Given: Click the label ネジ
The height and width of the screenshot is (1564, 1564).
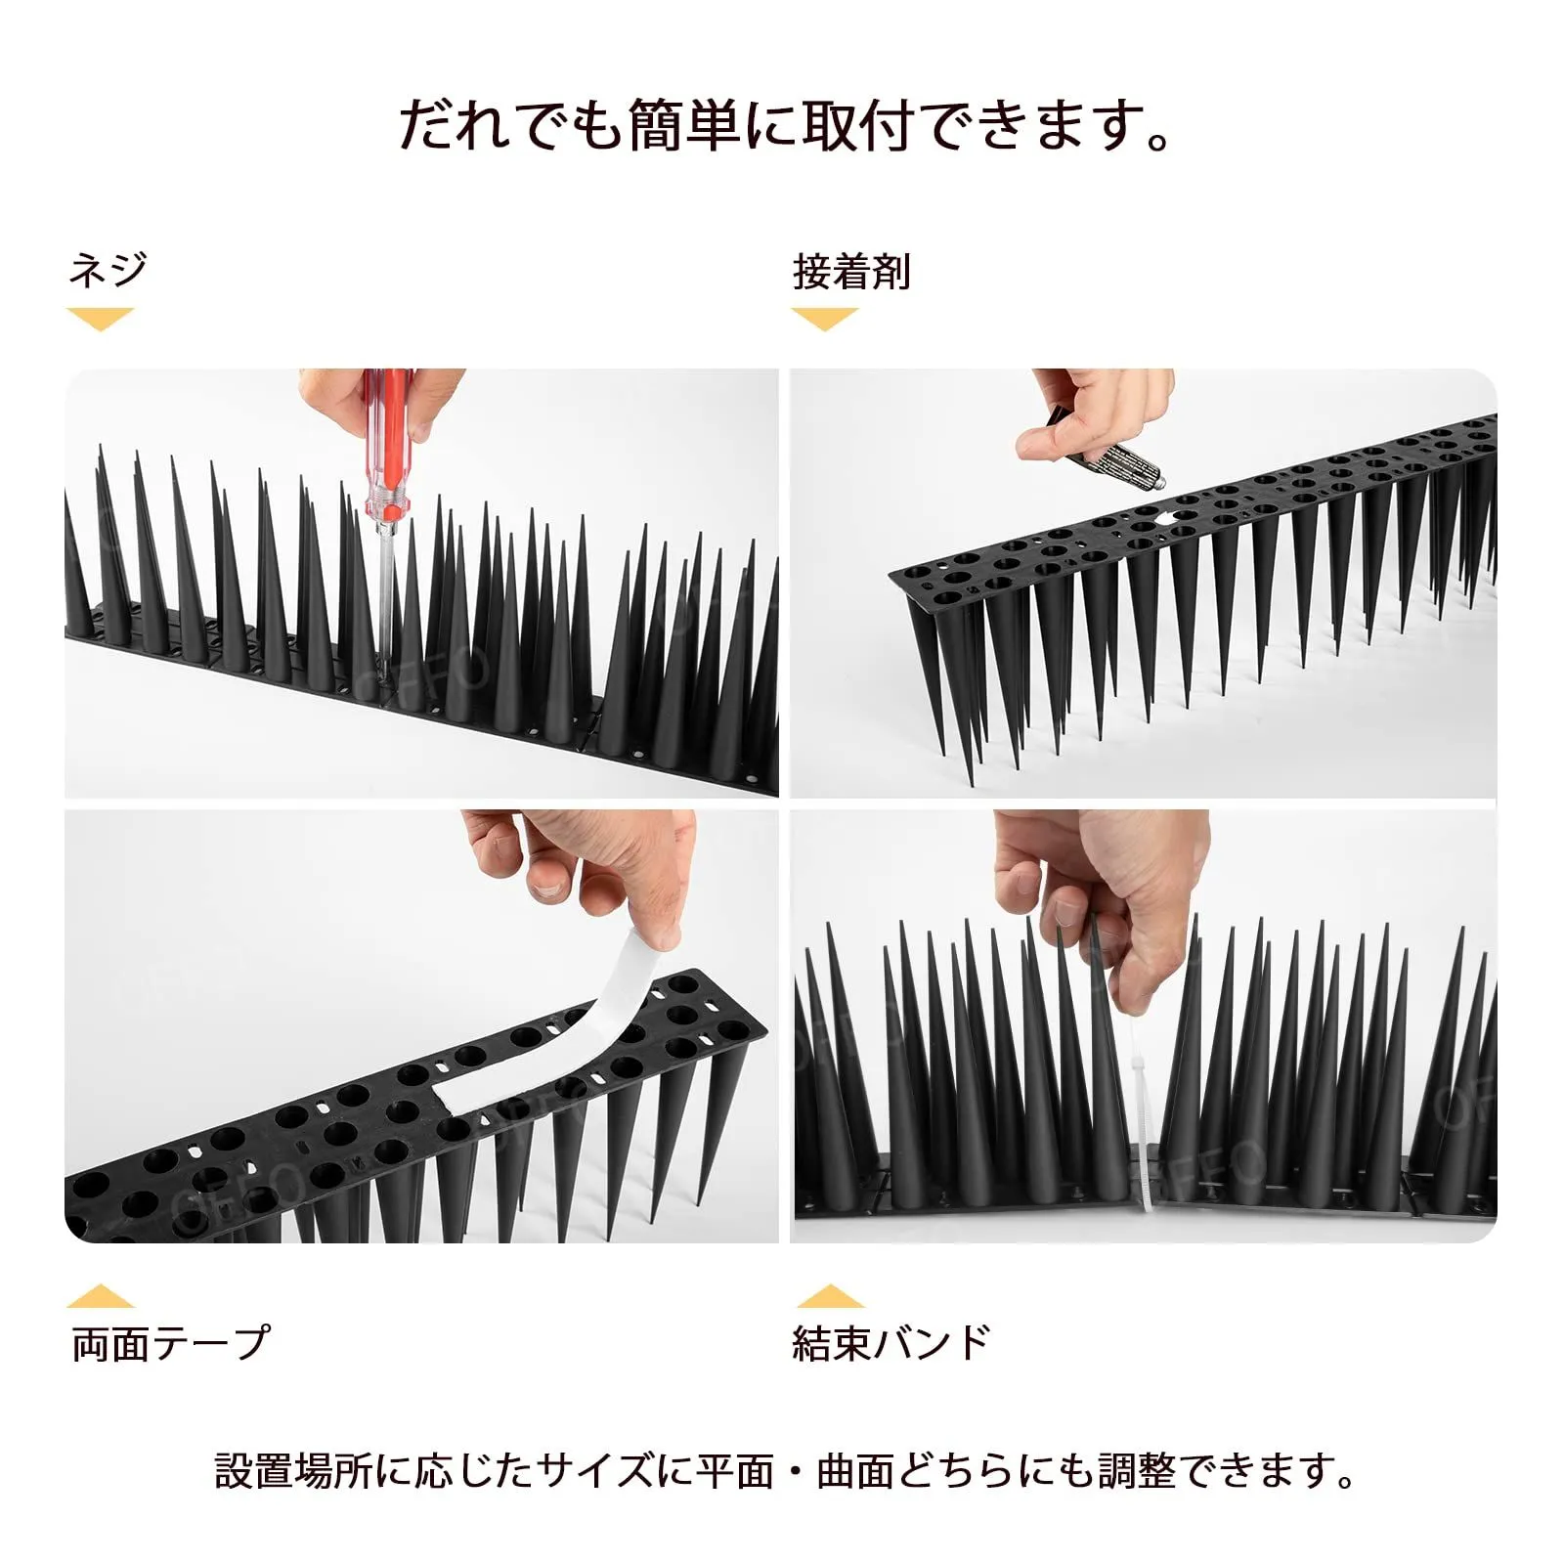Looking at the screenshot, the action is click(x=108, y=269).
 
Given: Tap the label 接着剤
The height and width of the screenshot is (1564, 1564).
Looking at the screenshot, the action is click(x=851, y=272).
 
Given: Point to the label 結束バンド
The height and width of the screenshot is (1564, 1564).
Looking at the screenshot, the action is click(x=891, y=1343).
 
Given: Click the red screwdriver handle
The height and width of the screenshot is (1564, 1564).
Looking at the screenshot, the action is click(x=386, y=440).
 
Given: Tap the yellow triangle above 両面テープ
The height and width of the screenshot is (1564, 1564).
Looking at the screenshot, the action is click(x=101, y=1296).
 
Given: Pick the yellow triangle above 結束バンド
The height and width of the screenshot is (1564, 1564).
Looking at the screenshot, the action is click(x=830, y=1296).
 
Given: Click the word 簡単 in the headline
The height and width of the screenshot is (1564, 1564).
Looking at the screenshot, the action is click(x=683, y=126).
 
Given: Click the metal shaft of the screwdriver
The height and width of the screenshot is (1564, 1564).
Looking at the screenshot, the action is click(x=384, y=596).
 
